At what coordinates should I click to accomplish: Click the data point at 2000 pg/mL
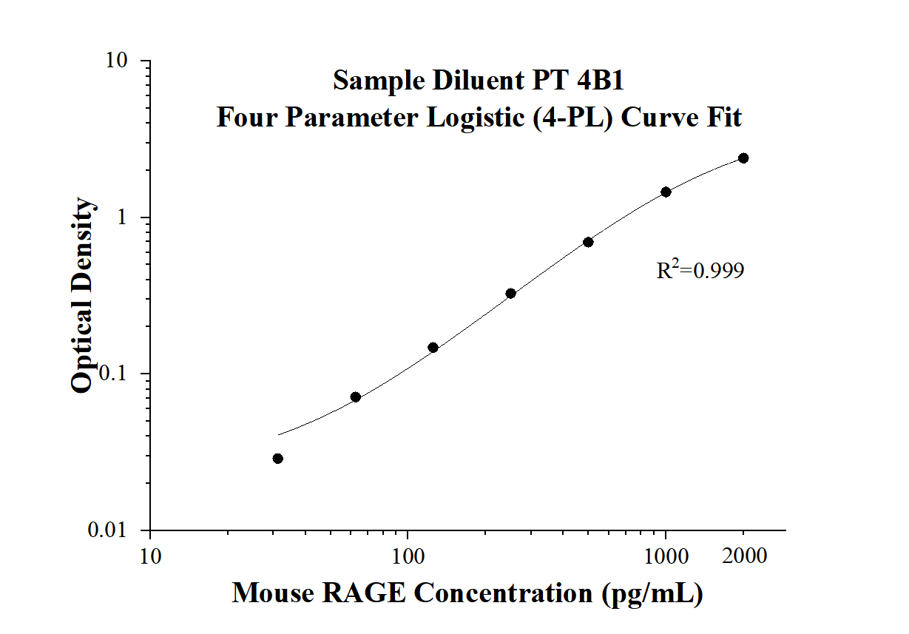(743, 158)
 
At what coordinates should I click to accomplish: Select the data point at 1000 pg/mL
(666, 192)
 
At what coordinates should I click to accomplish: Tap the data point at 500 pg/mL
(588, 242)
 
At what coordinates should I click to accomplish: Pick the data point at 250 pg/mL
(510, 294)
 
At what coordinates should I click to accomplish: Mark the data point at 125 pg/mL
(433, 348)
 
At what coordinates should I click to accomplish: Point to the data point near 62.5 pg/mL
(355, 397)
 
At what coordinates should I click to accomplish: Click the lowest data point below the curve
(278, 459)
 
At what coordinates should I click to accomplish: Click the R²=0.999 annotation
(700, 272)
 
